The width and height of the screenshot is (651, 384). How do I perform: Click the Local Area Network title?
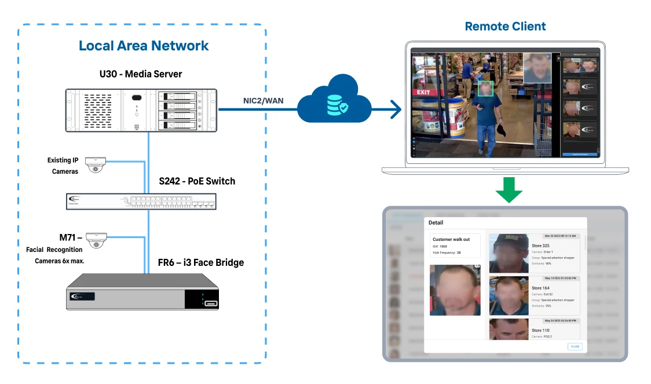[x=144, y=46]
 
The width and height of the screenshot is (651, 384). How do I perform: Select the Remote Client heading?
[x=505, y=26]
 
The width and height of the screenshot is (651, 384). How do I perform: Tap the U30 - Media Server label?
[x=141, y=74]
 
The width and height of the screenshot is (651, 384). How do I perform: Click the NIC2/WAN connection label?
[x=263, y=100]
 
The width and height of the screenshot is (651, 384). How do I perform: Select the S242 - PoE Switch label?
[x=197, y=181]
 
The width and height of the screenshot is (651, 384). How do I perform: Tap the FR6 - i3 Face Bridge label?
[x=200, y=262]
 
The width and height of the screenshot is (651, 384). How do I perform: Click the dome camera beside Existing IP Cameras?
[x=96, y=164]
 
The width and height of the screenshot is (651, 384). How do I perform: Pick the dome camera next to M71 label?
[x=96, y=239]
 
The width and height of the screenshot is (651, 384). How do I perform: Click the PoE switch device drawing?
[x=142, y=201]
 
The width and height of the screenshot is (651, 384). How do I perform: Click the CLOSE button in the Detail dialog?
[x=575, y=346]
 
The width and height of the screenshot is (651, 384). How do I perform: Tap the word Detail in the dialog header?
[x=436, y=222]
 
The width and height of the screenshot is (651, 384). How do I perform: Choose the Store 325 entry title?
[x=540, y=246]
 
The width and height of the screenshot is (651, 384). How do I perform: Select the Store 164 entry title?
[x=540, y=288]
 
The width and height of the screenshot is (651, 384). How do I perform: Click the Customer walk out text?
[x=451, y=239]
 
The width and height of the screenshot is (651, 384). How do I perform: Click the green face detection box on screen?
[x=485, y=88]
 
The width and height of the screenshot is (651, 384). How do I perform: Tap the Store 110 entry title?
[x=540, y=330]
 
